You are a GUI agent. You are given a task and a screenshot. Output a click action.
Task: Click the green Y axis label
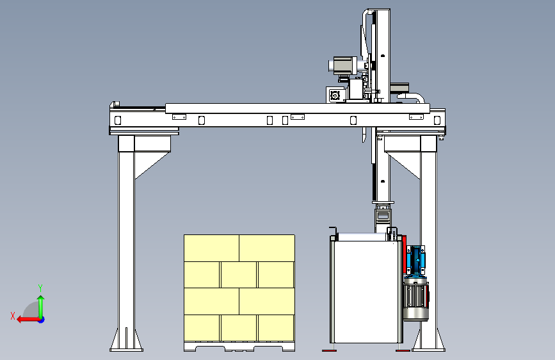[x=40, y=288]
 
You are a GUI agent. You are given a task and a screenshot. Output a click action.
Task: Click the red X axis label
[x=13, y=316]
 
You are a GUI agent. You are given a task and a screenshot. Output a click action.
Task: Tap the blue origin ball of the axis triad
[x=42, y=320]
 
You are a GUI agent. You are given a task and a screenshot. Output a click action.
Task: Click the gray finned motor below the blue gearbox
[x=416, y=299]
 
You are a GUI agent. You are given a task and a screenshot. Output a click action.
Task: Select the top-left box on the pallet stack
[x=212, y=248]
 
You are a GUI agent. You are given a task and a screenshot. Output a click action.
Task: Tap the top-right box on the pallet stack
[x=267, y=248]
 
